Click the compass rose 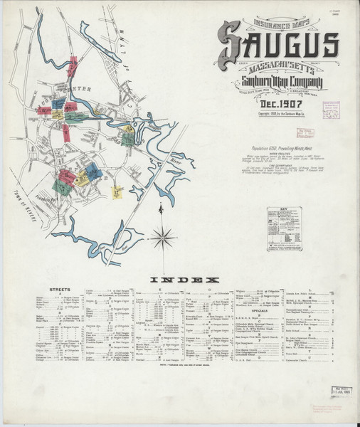[162, 235]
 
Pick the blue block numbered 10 [91, 170]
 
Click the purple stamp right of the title [331, 111]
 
